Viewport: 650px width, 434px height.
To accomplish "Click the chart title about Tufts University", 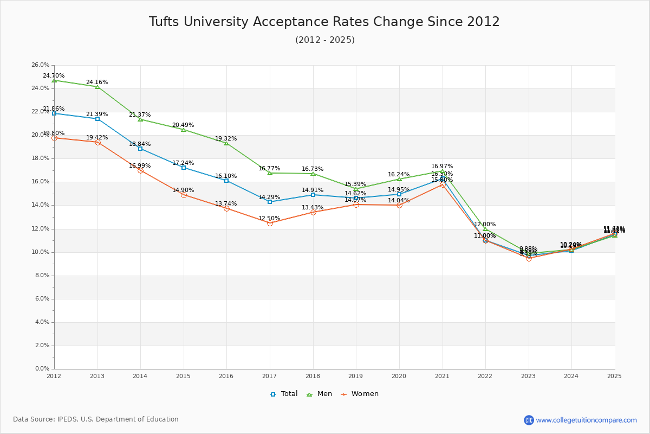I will (324, 22).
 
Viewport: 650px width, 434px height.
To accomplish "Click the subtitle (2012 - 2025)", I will (324, 40).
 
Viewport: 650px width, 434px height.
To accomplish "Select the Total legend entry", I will (284, 394).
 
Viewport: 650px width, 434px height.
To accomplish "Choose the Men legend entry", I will (320, 394).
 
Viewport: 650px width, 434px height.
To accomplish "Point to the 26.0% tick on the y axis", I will (41, 65).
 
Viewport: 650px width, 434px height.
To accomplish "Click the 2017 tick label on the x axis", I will (269, 375).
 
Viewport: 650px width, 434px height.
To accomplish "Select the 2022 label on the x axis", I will (485, 375).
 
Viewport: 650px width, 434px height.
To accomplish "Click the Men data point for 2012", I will (54, 80).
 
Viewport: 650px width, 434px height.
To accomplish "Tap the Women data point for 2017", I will (270, 223).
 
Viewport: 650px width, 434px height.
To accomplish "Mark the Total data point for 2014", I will (140, 149).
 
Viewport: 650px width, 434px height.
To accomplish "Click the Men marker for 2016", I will (226, 143).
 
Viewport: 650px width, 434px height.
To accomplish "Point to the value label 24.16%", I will (97, 82).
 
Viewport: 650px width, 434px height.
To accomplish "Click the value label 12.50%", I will (269, 219).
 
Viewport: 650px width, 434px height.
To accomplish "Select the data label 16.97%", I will (442, 167).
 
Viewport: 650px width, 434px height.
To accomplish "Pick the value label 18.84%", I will (140, 144).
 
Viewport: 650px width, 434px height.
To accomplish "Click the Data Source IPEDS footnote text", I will (96, 419).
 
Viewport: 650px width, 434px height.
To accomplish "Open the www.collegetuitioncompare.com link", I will (586, 420).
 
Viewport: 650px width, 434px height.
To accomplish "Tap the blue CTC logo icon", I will (529, 420).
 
